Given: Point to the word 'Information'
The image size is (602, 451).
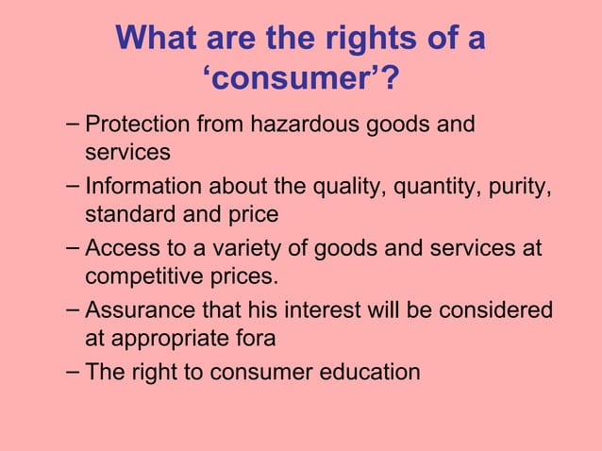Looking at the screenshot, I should click(x=140, y=186).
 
